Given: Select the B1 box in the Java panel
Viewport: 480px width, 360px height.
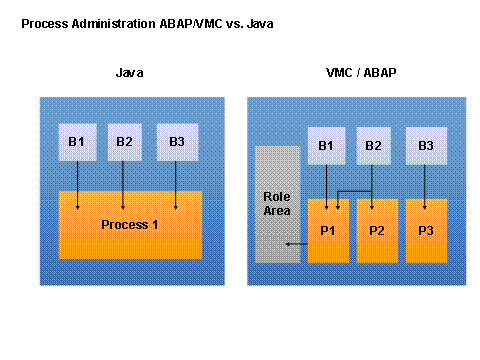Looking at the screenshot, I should click(77, 141).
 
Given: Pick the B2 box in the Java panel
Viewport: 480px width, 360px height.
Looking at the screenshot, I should click(124, 141).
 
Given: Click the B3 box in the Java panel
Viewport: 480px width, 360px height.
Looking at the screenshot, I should click(176, 141).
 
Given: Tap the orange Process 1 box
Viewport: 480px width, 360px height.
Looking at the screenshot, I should click(131, 225).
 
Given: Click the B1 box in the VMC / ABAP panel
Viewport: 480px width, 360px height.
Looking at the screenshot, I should click(325, 147).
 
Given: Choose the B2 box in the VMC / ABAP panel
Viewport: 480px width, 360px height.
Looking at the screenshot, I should click(373, 147).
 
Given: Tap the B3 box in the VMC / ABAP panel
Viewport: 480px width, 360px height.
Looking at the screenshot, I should click(425, 147).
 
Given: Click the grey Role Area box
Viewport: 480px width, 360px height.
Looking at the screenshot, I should click(277, 204).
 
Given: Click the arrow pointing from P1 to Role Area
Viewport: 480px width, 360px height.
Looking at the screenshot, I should click(296, 243).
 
